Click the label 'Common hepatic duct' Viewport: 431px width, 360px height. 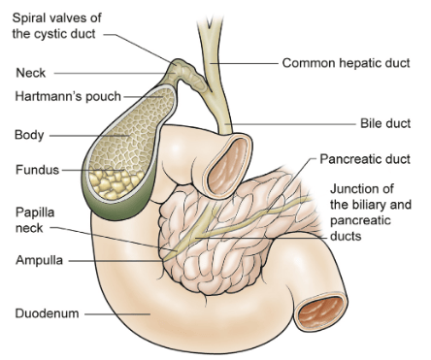tap(346, 63)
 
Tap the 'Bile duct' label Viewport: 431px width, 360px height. tap(385, 123)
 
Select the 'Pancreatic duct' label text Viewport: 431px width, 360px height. tap(365, 159)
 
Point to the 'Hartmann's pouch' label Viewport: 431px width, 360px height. tap(68, 96)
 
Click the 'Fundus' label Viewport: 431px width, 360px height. tap(38, 170)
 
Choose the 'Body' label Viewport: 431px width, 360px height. tap(29, 135)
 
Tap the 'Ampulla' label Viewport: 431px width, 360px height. tap(39, 260)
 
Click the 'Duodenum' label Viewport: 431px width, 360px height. tap(47, 313)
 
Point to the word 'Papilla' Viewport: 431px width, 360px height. tap(35, 213)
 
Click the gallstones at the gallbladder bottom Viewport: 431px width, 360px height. tap(114, 183)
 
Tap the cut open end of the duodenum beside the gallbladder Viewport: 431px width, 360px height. tap(227, 167)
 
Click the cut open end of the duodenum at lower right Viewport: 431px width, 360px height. tap(320, 311)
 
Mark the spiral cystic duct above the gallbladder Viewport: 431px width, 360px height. tap(189, 75)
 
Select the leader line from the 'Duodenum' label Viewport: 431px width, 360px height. tap(117, 313)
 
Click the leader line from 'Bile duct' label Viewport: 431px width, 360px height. tap(290, 124)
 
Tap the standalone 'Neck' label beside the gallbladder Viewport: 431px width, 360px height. tap(31, 73)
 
